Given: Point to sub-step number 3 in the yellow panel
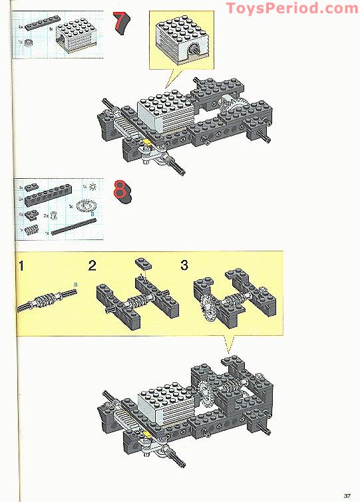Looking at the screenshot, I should click(x=184, y=265).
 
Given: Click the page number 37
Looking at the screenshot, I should click(x=347, y=494).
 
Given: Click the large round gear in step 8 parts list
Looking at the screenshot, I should click(x=87, y=208).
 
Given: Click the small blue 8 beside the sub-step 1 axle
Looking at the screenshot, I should click(x=75, y=285).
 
